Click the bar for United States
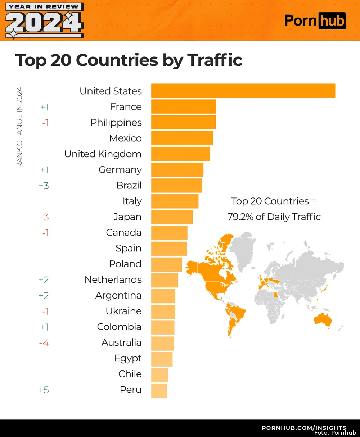[243, 91]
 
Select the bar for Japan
[172, 217]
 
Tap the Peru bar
[159, 391]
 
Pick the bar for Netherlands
[165, 280]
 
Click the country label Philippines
[116, 123]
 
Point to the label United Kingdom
[103, 154]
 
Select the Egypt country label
[128, 359]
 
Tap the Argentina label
[118, 296]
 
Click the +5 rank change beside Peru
[44, 390]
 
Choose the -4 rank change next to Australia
[44, 343]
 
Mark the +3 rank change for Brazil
[44, 186]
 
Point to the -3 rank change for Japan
[44, 217]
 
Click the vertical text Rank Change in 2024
[19, 127]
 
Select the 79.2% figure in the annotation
[240, 217]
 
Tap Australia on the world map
[322, 320]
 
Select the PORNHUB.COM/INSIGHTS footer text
[303, 427]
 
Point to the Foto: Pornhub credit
[335, 433]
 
